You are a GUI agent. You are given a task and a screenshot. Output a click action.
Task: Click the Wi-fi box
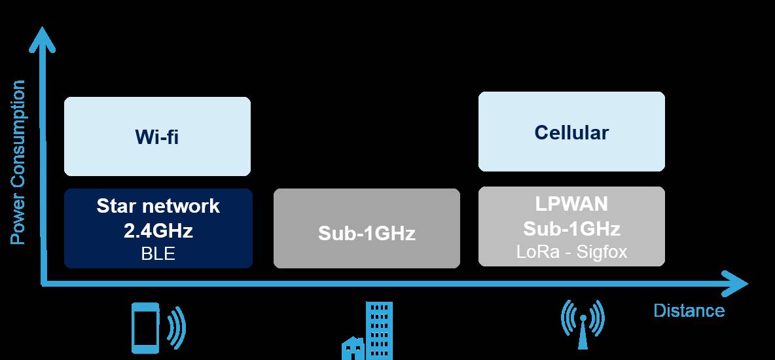click(x=157, y=136)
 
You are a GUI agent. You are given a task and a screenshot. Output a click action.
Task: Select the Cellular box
click(x=571, y=132)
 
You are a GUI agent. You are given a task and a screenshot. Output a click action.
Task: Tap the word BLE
click(x=158, y=253)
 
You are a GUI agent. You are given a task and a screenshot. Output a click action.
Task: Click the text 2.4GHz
click(x=158, y=230)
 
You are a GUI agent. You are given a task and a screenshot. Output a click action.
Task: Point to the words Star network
click(x=158, y=206)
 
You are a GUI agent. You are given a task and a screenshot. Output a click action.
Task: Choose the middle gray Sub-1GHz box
click(x=367, y=228)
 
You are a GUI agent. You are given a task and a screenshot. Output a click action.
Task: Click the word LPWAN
click(x=571, y=204)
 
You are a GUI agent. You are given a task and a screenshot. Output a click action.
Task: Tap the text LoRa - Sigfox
click(x=571, y=252)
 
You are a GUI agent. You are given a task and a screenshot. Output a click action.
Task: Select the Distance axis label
click(x=689, y=310)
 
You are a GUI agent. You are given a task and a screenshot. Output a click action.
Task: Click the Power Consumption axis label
click(x=18, y=162)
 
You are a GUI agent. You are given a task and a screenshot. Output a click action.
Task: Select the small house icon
click(x=353, y=348)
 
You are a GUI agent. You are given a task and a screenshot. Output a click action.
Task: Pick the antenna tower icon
click(x=581, y=325)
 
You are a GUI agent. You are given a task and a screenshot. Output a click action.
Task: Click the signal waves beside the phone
click(x=176, y=325)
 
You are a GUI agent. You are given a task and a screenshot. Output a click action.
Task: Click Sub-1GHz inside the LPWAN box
click(x=571, y=228)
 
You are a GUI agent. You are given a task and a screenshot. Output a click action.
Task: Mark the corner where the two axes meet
click(x=43, y=283)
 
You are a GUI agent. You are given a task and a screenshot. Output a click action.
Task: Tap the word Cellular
click(x=571, y=132)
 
